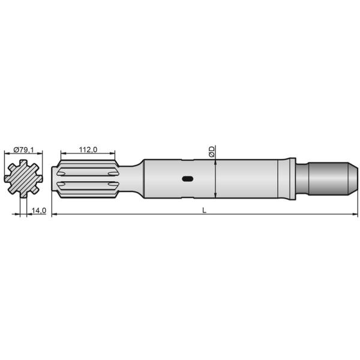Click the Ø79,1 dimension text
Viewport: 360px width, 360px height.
[x=23, y=149]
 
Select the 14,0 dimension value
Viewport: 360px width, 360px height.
[x=40, y=210]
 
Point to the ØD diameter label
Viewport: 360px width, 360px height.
[x=212, y=151]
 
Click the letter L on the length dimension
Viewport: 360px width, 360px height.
[x=205, y=210]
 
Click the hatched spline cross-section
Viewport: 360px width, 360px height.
[x=22, y=179]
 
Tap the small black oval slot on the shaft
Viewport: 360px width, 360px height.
[x=188, y=178]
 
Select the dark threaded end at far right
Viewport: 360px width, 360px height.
[x=327, y=178]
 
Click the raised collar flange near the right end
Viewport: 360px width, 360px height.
[x=290, y=178]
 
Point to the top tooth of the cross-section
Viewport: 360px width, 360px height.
[x=22, y=163]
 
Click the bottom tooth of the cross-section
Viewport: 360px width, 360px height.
[x=22, y=194]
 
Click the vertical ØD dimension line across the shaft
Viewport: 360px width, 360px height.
[x=215, y=178]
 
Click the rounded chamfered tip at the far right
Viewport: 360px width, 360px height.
[x=353, y=178]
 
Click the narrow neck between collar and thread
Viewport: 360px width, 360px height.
[x=301, y=178]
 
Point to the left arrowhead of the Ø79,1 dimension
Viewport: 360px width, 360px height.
[x=6, y=154]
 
